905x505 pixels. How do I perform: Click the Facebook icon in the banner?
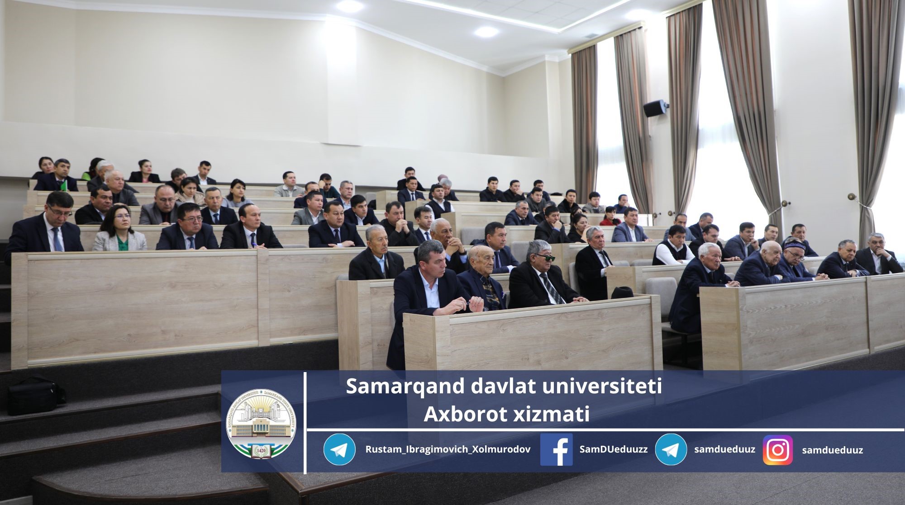point(556,449)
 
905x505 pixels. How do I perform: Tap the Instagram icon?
point(777,450)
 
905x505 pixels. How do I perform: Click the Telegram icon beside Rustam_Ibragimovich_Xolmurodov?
point(339,449)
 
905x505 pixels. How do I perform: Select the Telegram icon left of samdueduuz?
point(671,449)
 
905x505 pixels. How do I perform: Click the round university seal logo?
point(261,423)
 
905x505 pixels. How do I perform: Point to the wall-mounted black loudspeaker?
point(656,109)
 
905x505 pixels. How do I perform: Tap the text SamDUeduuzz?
point(613,449)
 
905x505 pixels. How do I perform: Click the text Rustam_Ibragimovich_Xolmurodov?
point(448,450)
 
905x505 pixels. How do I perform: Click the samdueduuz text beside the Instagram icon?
point(832,450)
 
